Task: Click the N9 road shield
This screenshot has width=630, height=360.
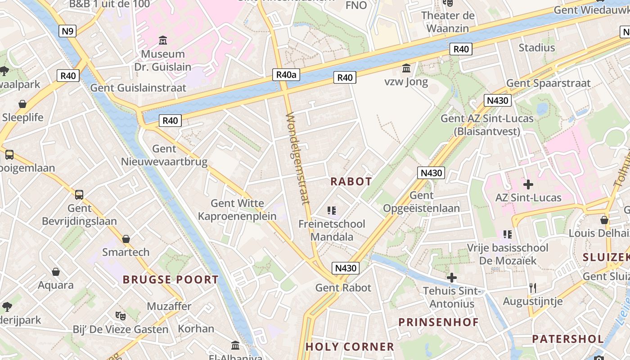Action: click(x=67, y=31)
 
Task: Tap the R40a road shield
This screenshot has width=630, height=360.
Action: click(x=286, y=75)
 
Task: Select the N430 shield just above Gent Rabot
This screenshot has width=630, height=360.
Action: click(x=346, y=268)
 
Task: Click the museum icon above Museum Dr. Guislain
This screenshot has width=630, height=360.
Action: click(x=163, y=40)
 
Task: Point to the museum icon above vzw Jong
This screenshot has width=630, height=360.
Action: click(x=406, y=68)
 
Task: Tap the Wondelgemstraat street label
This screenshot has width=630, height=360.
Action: click(x=297, y=158)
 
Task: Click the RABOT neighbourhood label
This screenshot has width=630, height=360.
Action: click(x=351, y=181)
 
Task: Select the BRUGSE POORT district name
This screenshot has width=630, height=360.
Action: click(x=171, y=279)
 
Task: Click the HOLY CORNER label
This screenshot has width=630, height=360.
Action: click(x=350, y=347)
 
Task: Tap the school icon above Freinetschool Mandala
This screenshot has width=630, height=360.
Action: click(x=332, y=210)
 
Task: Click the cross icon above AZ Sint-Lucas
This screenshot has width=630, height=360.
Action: click(x=528, y=184)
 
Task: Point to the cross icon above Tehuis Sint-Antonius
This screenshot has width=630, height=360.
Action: click(x=451, y=278)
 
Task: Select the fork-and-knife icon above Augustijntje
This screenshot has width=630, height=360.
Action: click(x=533, y=288)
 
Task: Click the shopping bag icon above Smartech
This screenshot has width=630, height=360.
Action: click(x=126, y=239)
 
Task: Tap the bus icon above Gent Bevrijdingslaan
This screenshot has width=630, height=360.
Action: click(x=79, y=195)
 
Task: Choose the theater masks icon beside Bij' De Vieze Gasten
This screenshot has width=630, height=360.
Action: click(x=120, y=315)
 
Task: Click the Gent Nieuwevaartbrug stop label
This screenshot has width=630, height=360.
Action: click(x=164, y=155)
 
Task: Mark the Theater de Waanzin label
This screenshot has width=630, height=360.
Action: click(x=447, y=22)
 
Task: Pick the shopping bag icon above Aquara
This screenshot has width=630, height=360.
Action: click(x=56, y=272)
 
